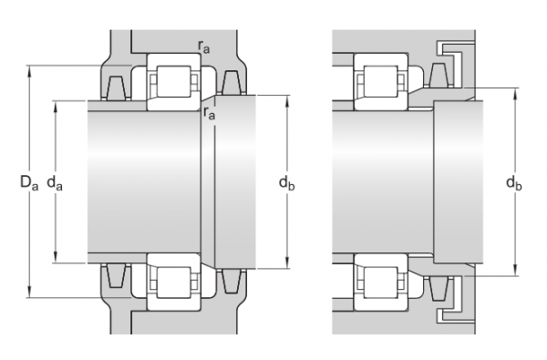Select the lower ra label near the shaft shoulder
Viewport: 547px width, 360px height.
point(209,114)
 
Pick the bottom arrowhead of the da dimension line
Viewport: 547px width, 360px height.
point(57,259)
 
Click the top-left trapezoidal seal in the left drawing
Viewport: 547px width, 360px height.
point(115,88)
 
